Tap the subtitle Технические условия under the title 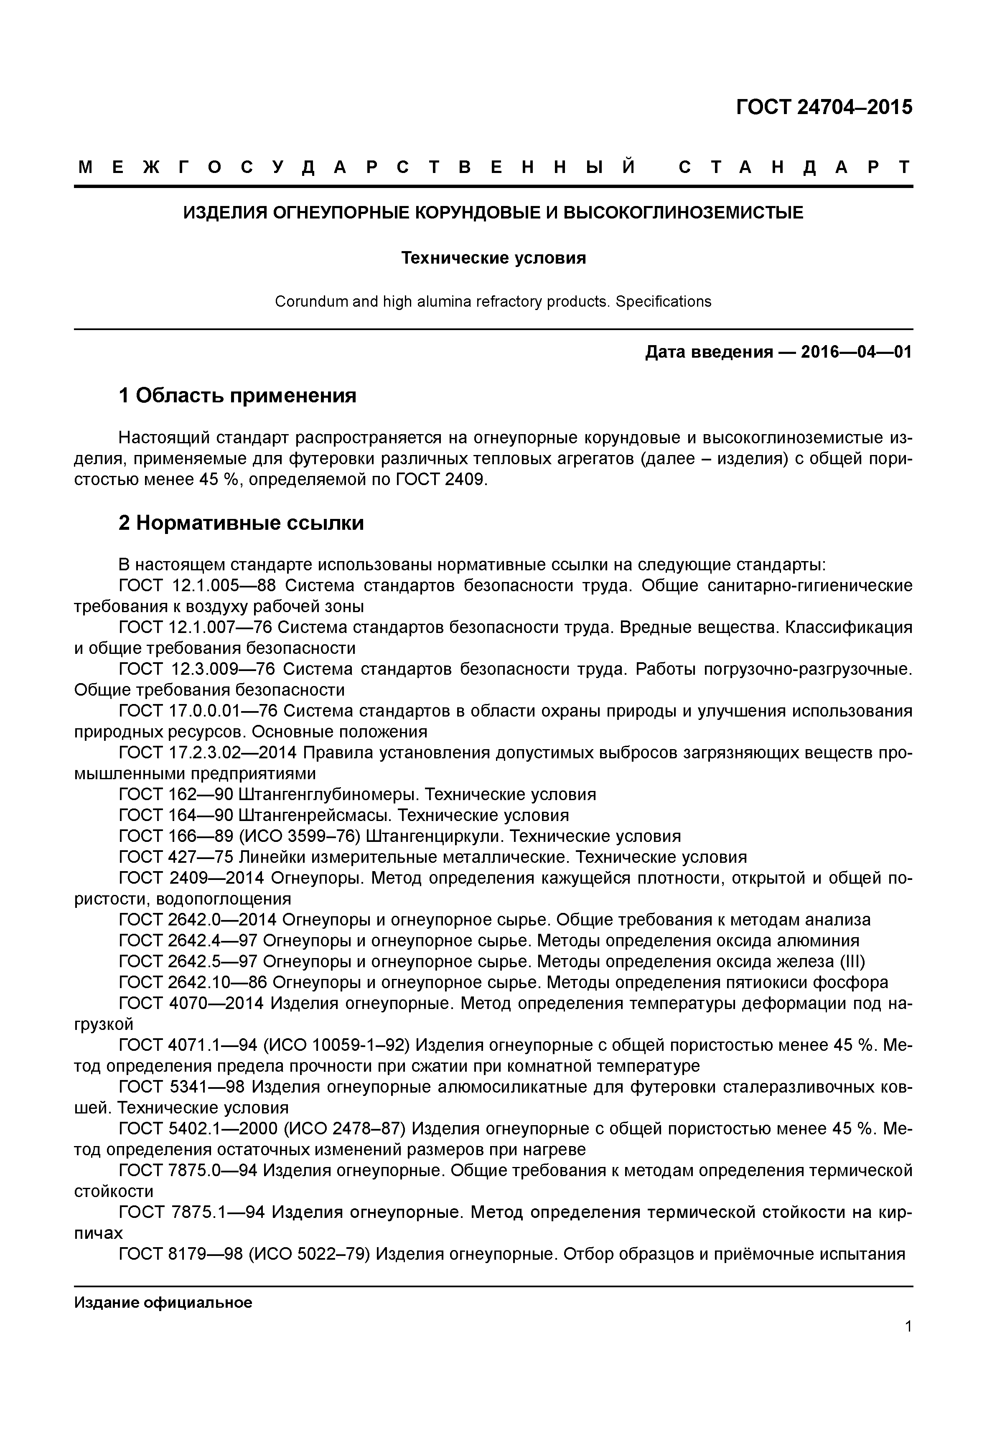[x=493, y=258]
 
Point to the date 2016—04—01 [x=856, y=353]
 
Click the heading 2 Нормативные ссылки [x=241, y=523]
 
